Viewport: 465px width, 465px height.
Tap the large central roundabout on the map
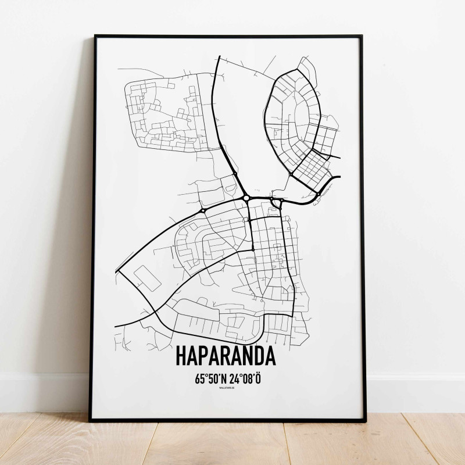(x=246, y=198)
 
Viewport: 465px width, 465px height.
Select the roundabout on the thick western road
(x=203, y=209)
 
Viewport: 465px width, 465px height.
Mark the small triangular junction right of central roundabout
(x=277, y=202)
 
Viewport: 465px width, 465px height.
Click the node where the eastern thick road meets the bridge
(x=319, y=193)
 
